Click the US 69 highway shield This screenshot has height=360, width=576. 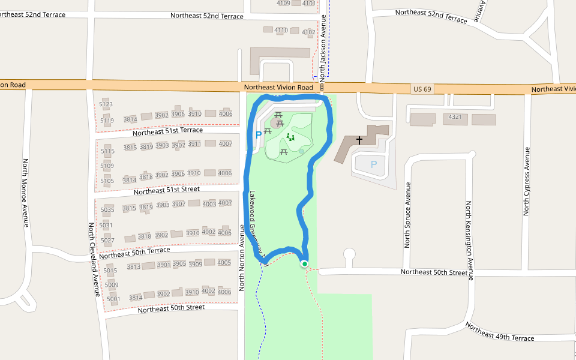[422, 89]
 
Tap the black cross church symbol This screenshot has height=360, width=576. [359, 141]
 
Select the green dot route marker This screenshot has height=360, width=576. [304, 264]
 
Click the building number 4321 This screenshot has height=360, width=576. [455, 117]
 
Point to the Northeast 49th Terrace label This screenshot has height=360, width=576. [499, 333]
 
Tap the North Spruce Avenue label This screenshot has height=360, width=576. [407, 215]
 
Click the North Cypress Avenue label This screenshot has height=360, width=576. [526, 181]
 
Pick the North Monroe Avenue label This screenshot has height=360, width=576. [26, 193]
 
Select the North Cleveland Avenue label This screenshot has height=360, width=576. [95, 259]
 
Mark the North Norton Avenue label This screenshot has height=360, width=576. [242, 258]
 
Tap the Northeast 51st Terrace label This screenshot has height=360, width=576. [167, 131]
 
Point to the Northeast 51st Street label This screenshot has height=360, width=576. [166, 190]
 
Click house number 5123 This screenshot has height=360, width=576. [106, 104]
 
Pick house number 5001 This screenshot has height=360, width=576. [113, 298]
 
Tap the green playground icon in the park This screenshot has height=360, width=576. [290, 137]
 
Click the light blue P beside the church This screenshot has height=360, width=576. [374, 164]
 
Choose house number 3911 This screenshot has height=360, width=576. [194, 144]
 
